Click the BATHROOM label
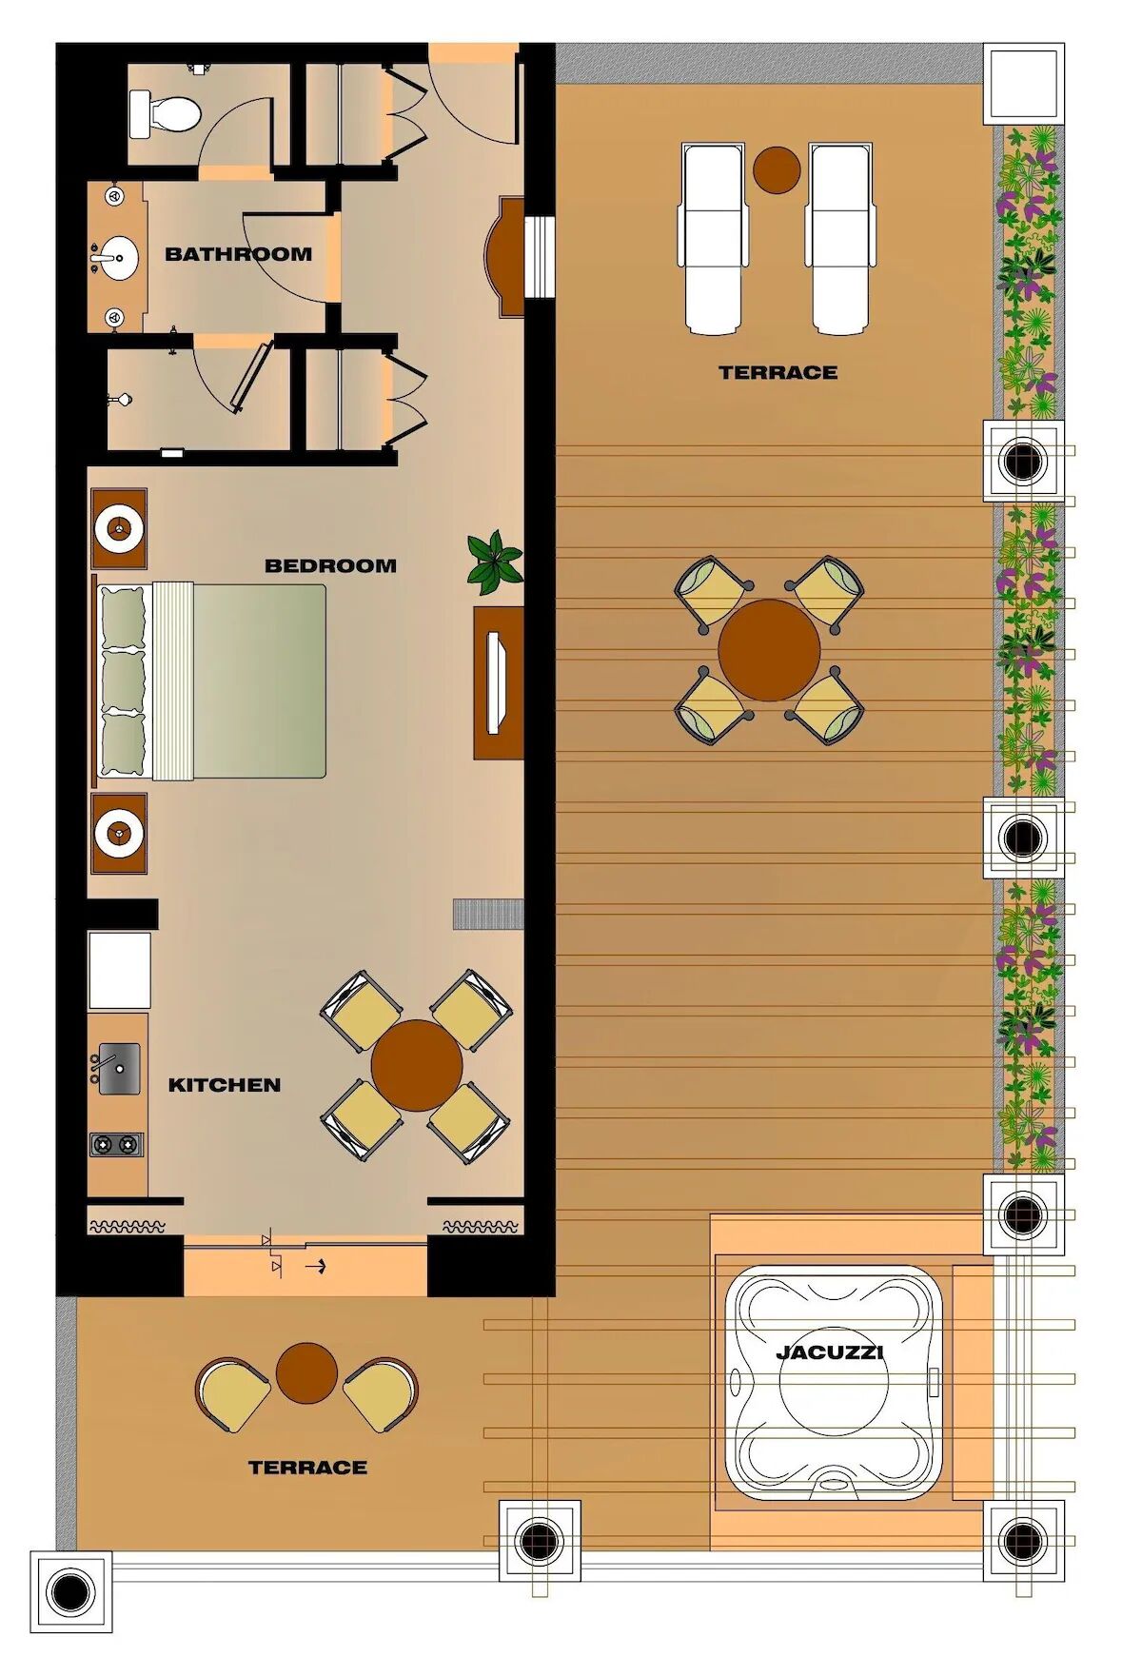(x=238, y=254)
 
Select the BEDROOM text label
(x=330, y=565)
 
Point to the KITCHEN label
(x=225, y=1085)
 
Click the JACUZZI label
(x=830, y=1351)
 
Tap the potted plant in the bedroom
(x=494, y=562)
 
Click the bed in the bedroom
(x=211, y=681)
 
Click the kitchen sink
(x=119, y=1068)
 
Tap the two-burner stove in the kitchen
(x=116, y=1144)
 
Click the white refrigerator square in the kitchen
(x=119, y=970)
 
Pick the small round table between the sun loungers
(x=777, y=169)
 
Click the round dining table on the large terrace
(x=769, y=650)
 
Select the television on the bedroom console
(x=498, y=682)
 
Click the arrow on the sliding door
(x=315, y=1267)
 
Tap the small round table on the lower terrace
(x=306, y=1373)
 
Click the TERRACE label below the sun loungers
(x=778, y=372)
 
